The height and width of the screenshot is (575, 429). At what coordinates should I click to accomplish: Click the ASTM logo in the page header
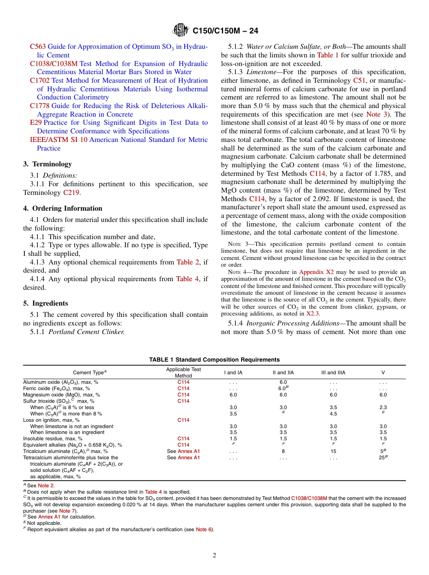[x=181, y=31]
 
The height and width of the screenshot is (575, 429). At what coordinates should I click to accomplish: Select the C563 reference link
[x=37, y=47]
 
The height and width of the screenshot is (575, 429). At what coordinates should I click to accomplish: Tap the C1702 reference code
[x=40, y=80]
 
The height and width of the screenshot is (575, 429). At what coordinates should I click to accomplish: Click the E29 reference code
[x=35, y=123]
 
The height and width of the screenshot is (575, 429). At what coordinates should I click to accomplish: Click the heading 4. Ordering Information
[x=63, y=208]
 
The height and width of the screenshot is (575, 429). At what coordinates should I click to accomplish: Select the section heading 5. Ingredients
[x=46, y=303]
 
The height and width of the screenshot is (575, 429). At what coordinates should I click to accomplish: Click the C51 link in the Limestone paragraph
[x=359, y=80]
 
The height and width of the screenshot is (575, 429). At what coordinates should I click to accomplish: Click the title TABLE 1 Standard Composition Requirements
[x=214, y=360]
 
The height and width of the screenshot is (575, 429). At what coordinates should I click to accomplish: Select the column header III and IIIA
[x=333, y=372]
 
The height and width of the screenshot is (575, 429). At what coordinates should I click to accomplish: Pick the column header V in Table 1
[x=383, y=372]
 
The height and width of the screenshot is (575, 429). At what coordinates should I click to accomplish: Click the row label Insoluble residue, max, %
[x=53, y=438]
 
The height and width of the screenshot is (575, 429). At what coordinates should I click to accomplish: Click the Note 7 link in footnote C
[x=66, y=511]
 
